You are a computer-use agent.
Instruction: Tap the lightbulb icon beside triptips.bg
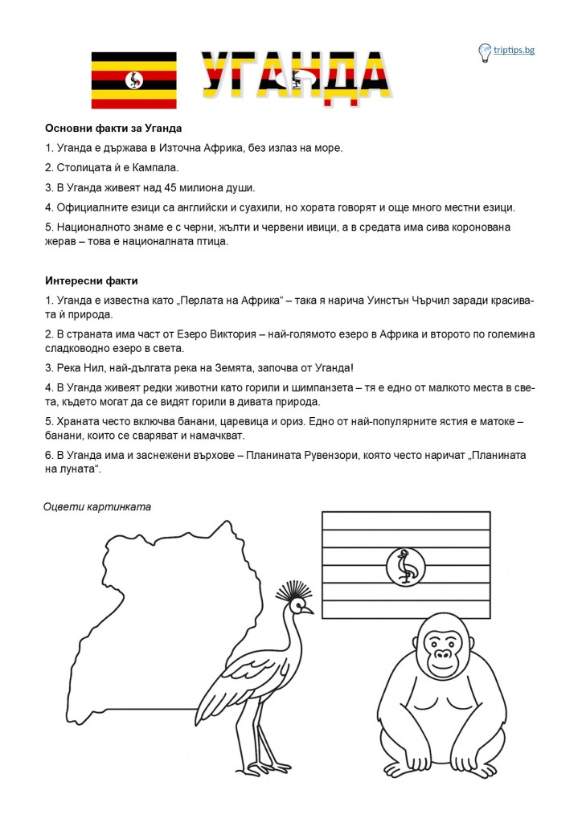point(485,51)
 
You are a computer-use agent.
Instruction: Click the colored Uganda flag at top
point(133,80)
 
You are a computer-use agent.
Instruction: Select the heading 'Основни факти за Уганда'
point(113,129)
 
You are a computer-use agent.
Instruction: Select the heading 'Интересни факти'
point(92,280)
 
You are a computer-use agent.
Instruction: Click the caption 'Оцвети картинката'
point(97,506)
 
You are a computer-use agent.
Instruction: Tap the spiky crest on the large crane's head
point(293,593)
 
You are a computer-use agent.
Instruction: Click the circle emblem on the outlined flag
point(406,567)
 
